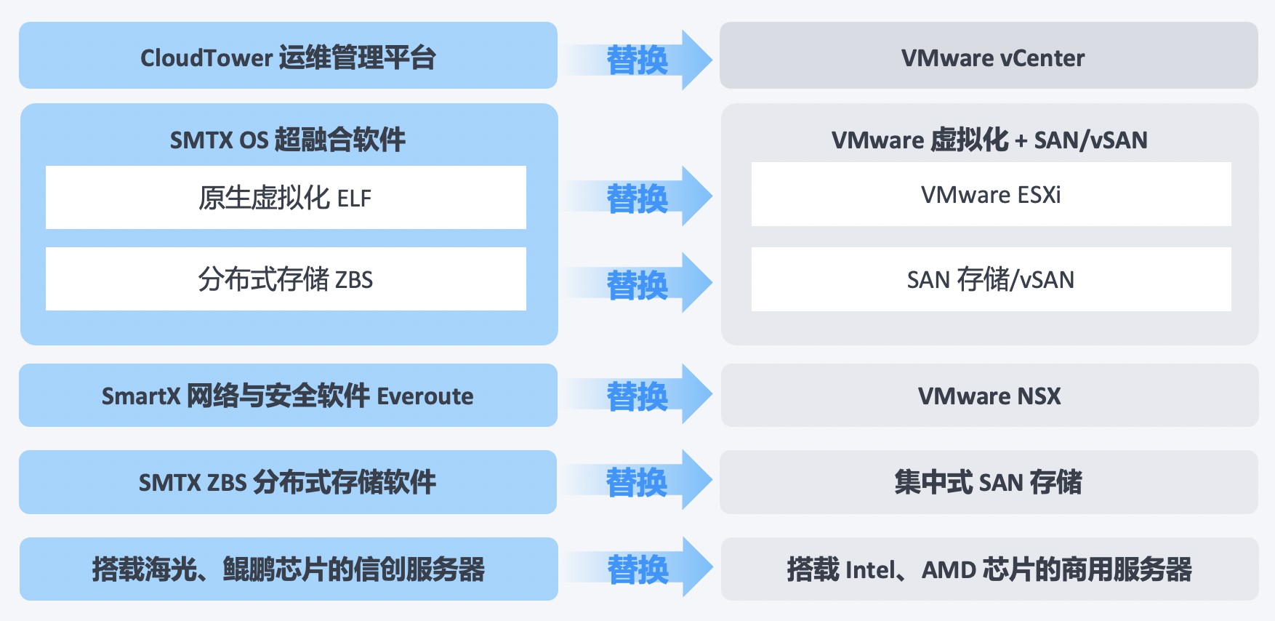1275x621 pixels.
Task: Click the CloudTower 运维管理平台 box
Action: (288, 55)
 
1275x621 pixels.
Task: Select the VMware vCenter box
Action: (989, 55)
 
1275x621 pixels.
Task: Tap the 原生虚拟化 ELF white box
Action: (286, 197)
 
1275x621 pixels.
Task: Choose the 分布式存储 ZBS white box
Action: (286, 279)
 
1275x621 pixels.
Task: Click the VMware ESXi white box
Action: (991, 194)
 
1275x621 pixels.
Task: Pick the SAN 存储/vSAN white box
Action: (991, 279)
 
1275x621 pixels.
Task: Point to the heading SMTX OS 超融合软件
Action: (288, 140)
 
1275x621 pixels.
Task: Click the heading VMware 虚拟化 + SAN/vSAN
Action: (989, 140)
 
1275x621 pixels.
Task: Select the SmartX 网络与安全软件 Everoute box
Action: (288, 395)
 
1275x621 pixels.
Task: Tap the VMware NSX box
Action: (989, 395)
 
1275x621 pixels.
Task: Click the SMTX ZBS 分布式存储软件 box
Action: (288, 481)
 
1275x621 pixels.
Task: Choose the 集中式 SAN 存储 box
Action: (989, 481)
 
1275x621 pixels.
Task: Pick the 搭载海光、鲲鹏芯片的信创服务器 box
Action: (289, 569)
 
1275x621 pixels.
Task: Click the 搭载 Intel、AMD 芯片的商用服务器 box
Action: (989, 569)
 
